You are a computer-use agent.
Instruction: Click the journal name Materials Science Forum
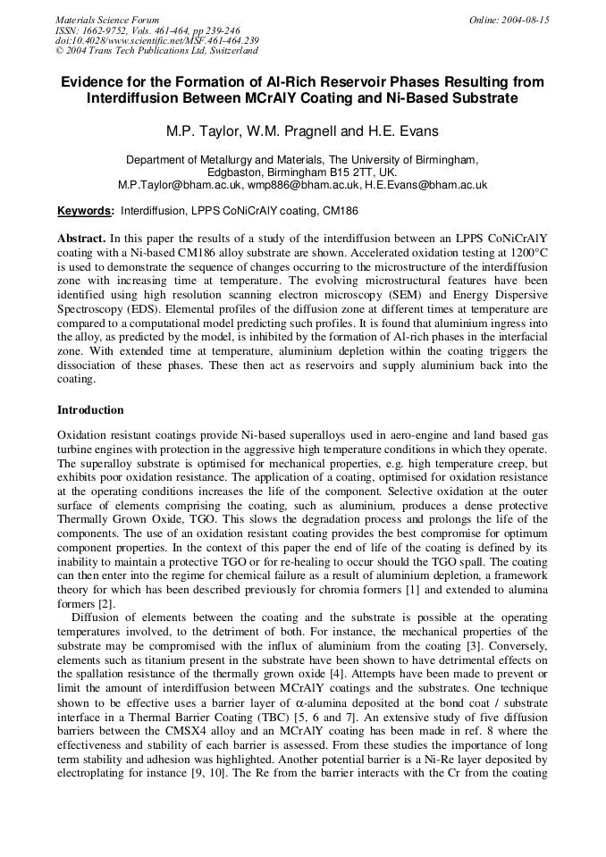(107, 20)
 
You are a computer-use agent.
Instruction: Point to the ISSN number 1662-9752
(104, 30)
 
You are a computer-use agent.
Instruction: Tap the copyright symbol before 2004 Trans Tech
(59, 51)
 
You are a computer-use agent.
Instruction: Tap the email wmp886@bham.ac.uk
(303, 185)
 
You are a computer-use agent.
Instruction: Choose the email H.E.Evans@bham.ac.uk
(425, 185)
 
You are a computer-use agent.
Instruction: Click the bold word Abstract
(81, 239)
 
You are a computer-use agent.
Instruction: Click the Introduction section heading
(90, 410)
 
